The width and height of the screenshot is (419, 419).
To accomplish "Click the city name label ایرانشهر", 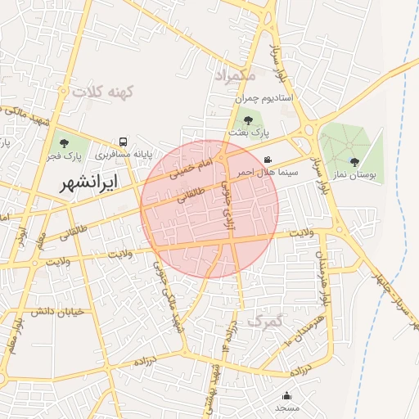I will [89, 182].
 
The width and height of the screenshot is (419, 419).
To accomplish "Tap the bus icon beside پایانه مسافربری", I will [123, 141].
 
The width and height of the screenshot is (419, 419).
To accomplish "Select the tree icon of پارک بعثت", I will [248, 121].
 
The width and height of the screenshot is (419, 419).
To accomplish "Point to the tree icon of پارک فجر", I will [64, 144].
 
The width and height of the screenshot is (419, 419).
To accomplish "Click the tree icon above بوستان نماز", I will [354, 162].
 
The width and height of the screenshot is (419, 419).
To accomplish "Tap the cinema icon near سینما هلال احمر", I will [269, 160].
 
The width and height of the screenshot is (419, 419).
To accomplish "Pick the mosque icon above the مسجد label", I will [287, 395].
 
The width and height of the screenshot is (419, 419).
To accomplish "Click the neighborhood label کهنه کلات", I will [102, 92].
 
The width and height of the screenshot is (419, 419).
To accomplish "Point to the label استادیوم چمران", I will [264, 98].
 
